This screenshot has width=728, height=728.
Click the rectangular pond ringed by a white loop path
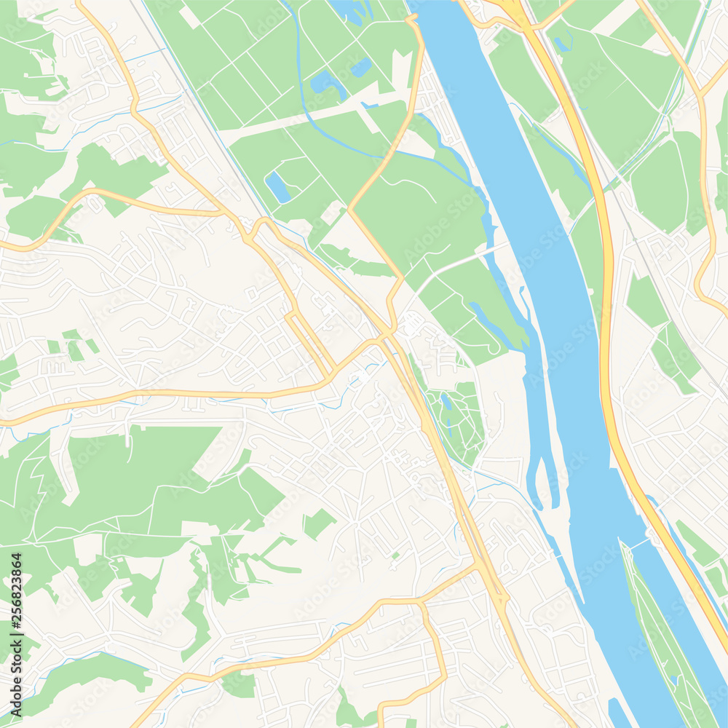[277, 187]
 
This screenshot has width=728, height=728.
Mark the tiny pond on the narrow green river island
[674, 681]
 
